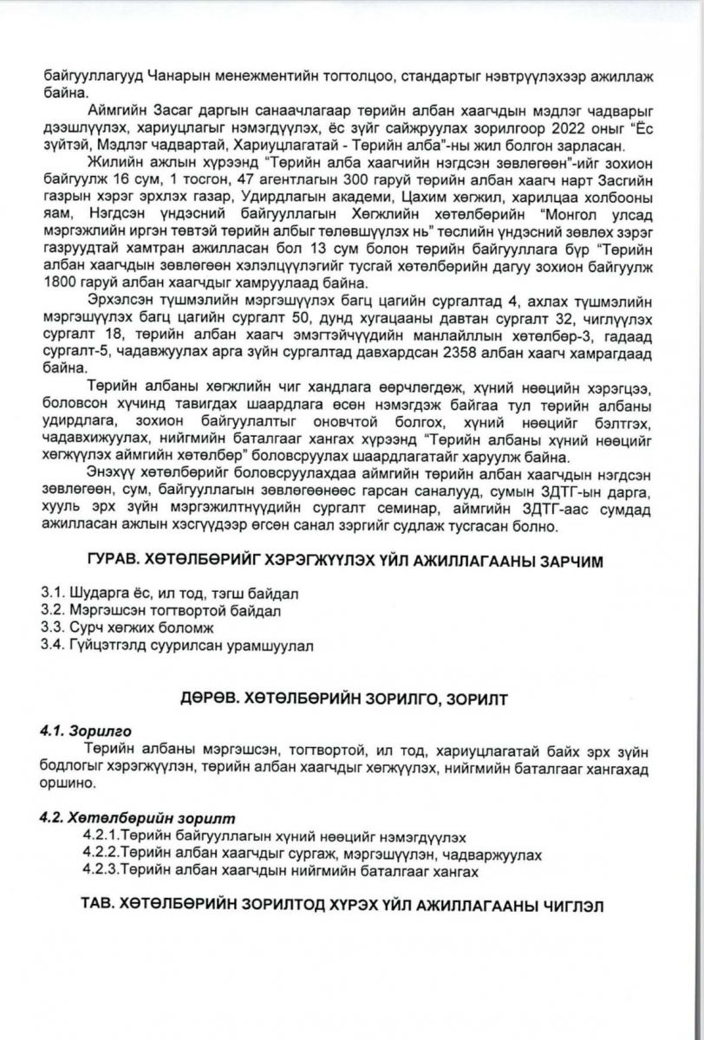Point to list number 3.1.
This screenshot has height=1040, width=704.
pyautogui.click(x=55, y=595)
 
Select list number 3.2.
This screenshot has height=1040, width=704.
pyautogui.click(x=55, y=611)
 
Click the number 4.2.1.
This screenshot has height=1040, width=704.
pyautogui.click(x=103, y=837)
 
